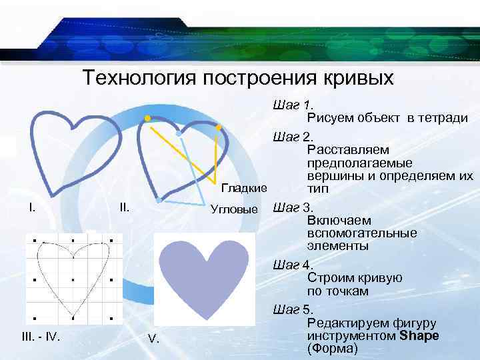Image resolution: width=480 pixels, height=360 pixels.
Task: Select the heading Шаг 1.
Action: (293, 105)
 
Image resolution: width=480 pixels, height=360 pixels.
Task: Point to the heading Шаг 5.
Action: (293, 310)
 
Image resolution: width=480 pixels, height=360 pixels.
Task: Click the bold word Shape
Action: (419, 335)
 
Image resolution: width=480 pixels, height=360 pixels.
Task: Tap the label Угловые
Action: (234, 209)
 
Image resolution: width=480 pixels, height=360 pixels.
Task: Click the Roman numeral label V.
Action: (153, 340)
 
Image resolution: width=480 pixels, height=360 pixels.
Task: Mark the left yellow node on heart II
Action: (147, 119)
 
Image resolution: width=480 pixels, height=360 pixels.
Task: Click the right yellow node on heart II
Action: (218, 127)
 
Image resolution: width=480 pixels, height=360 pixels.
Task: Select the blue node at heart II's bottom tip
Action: (159, 199)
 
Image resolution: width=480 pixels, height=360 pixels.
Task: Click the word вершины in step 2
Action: (330, 177)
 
